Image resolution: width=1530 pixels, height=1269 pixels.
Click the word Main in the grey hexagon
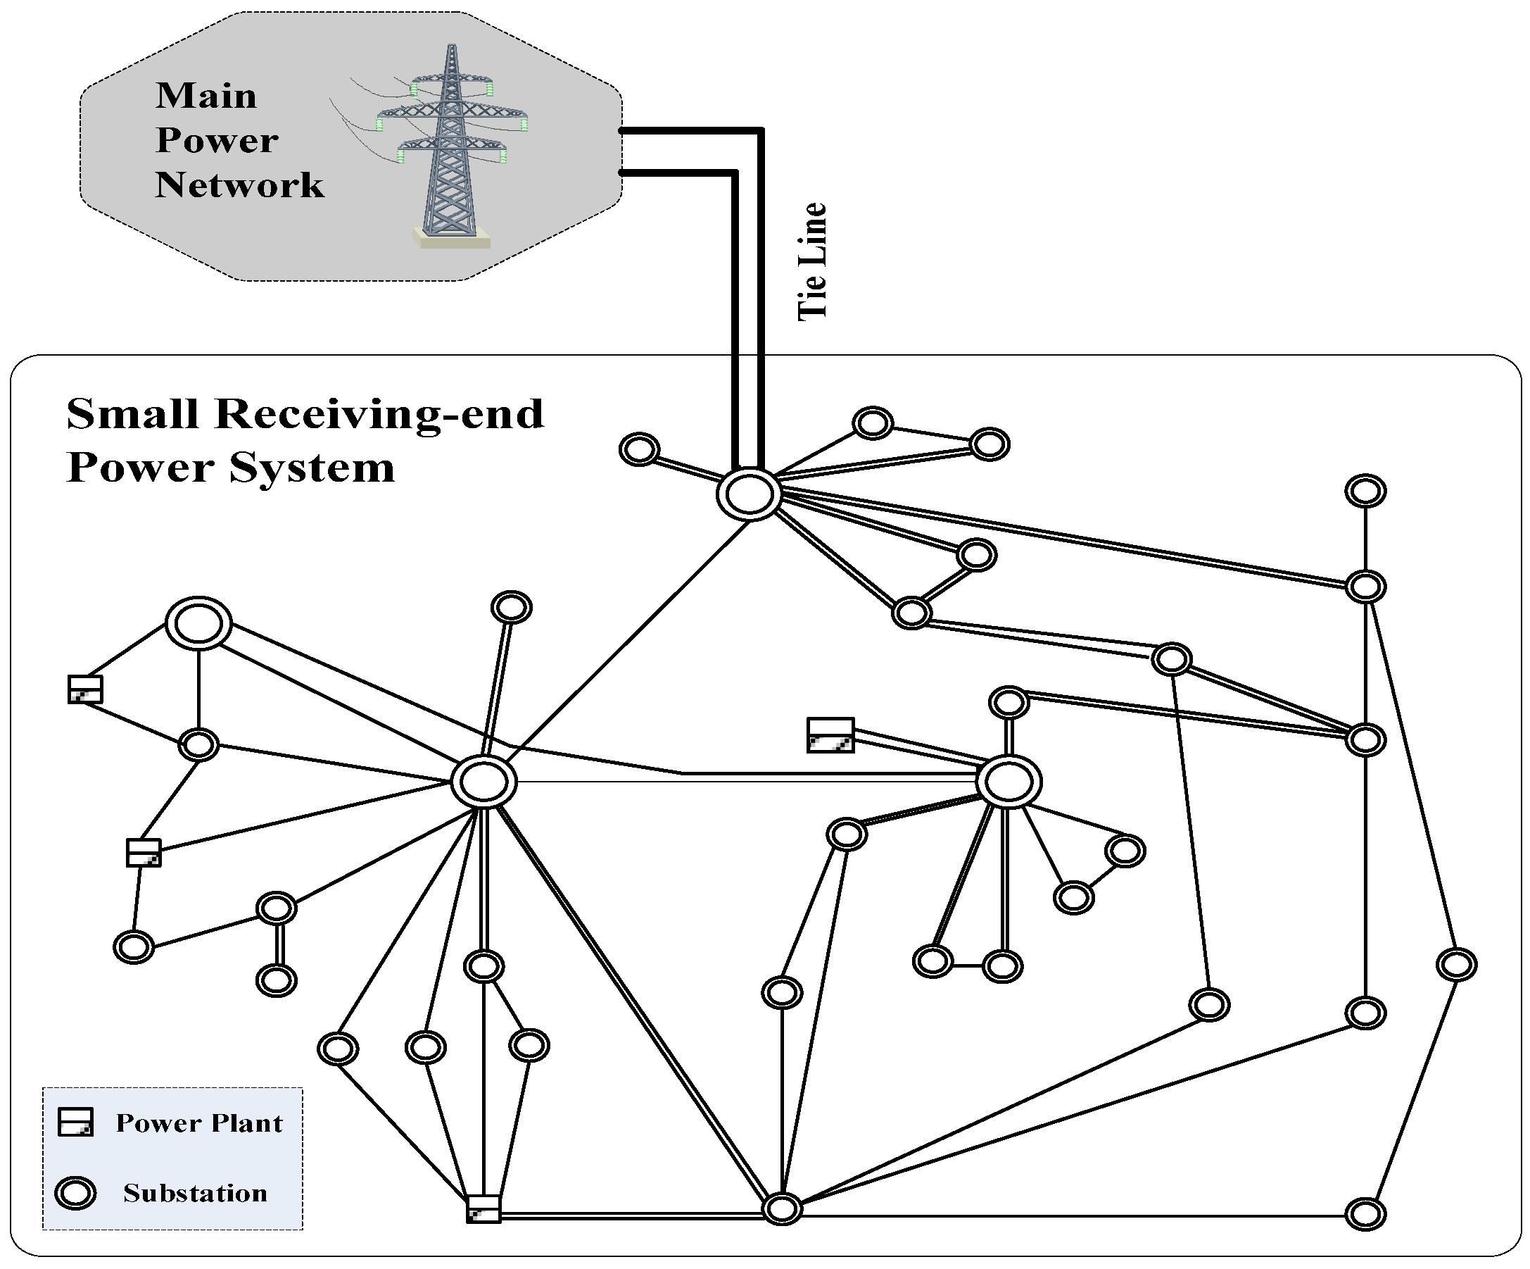[206, 96]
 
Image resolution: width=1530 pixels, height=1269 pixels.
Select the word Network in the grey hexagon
[240, 185]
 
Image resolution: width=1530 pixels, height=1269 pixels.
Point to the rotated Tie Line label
[812, 262]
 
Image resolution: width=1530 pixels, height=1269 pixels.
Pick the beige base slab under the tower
[452, 238]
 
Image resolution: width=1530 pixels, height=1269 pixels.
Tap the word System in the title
[312, 468]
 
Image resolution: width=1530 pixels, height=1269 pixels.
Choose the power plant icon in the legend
[76, 1123]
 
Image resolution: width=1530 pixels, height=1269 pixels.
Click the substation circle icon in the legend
[76, 1193]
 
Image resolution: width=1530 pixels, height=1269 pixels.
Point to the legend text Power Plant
[199, 1123]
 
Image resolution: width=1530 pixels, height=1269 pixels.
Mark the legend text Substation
[195, 1193]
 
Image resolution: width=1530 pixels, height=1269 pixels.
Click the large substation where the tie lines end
[749, 494]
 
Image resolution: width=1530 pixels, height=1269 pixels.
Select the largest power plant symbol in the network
[830, 734]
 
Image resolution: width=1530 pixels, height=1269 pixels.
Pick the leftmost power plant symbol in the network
[85, 689]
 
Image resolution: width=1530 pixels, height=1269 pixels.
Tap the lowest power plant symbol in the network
[483, 1208]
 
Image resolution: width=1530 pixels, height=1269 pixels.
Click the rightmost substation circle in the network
[1457, 964]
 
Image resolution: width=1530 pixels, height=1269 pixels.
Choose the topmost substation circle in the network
[873, 423]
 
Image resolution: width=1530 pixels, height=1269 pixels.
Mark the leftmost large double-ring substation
[199, 624]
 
